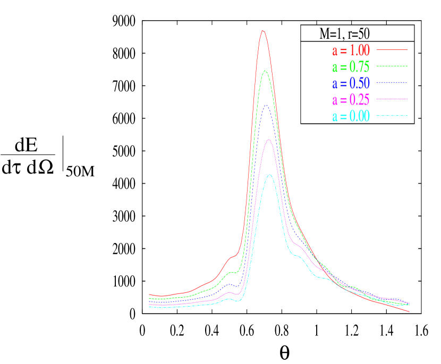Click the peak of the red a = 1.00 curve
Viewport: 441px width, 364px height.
(262, 31)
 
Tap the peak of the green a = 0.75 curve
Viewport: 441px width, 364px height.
(265, 71)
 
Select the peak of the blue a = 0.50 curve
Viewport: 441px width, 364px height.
(267, 105)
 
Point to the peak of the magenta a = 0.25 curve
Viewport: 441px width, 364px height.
(269, 140)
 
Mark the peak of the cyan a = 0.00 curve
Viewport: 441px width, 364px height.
(270, 175)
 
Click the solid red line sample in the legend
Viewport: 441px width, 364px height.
(392, 50)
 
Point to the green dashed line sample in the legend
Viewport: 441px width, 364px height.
(392, 66)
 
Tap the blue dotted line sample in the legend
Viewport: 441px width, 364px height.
(392, 83)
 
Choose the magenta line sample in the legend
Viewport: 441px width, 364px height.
(392, 99)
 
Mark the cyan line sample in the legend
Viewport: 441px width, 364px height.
(392, 116)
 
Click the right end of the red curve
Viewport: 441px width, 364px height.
(409, 311)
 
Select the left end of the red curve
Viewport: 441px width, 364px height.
(149, 294)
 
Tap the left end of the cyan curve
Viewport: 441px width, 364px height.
(149, 307)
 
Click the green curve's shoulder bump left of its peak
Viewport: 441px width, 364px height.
(232, 272)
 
